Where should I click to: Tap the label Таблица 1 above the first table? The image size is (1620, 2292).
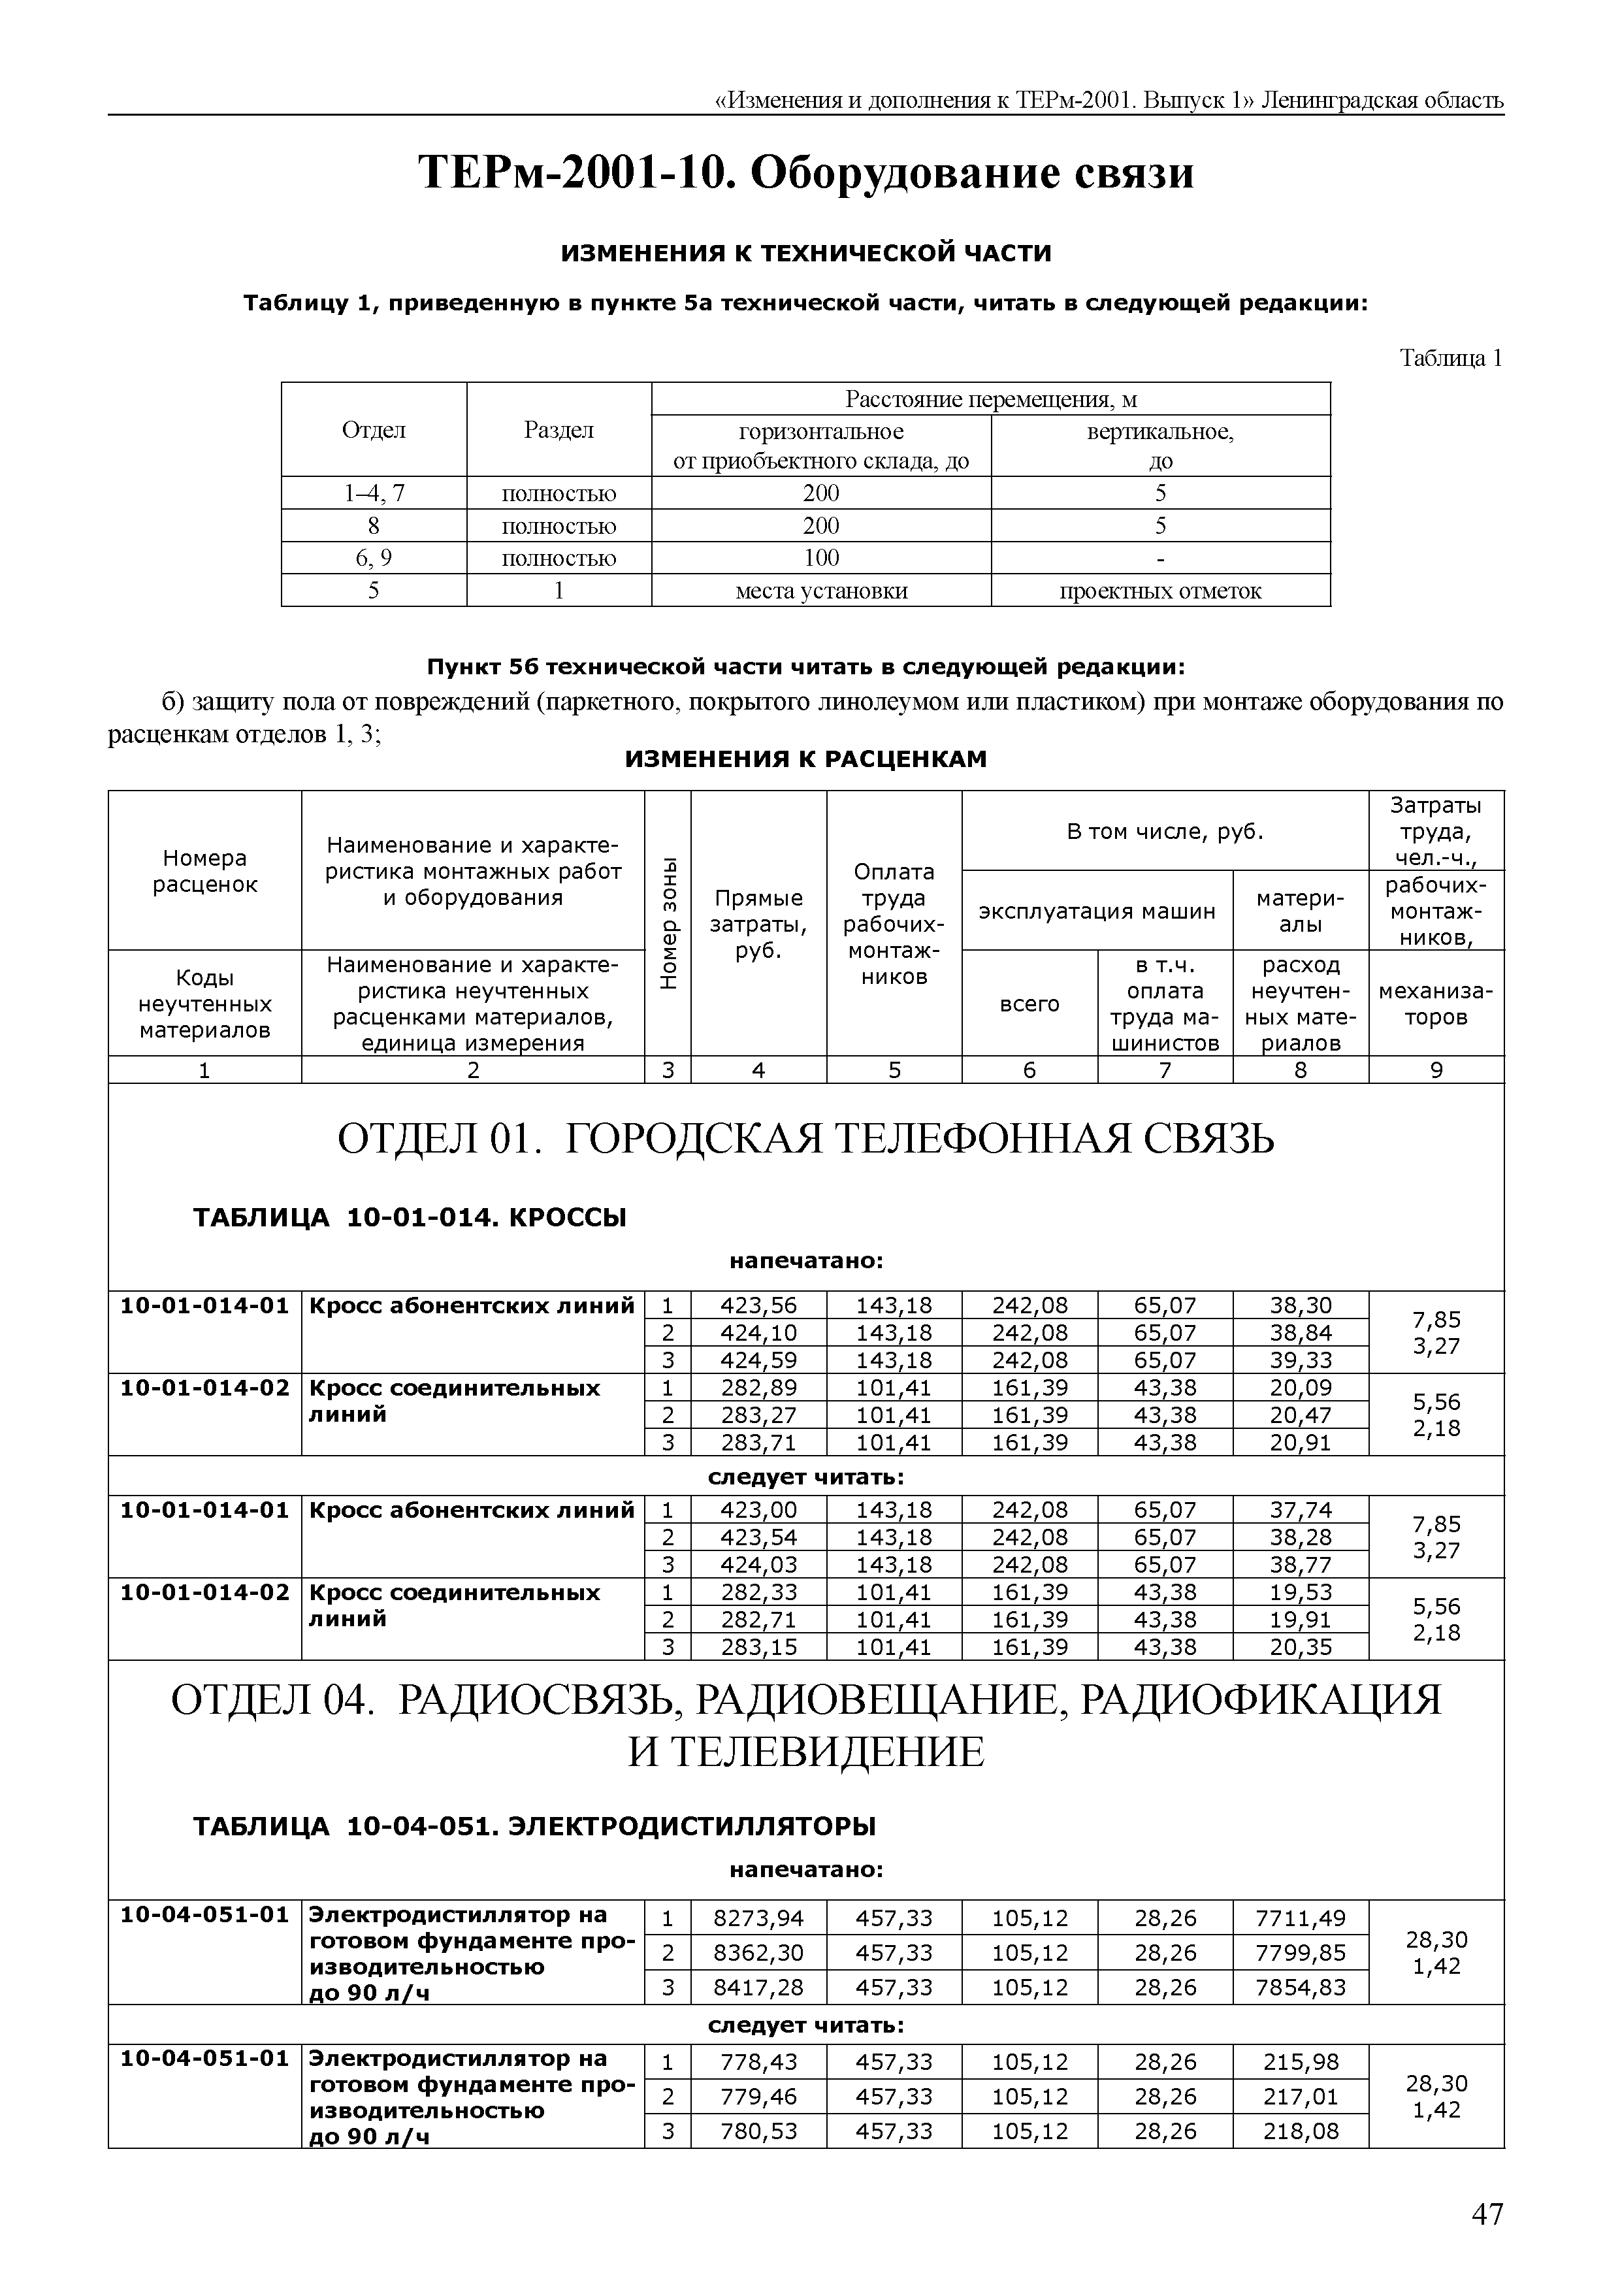(1450, 359)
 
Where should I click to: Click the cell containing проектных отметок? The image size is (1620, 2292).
(1160, 591)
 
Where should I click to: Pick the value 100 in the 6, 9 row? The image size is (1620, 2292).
(820, 558)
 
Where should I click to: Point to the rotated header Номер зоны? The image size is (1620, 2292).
(668, 923)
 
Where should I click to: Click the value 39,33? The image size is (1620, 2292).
(1300, 1360)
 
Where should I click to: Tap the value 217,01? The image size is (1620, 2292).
(1300, 2097)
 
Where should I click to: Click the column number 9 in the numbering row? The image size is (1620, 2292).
(1435, 1070)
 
